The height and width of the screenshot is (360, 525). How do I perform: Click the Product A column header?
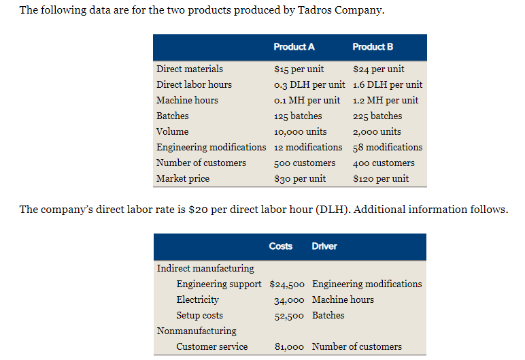pos(294,47)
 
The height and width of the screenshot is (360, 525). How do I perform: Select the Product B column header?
pos(373,47)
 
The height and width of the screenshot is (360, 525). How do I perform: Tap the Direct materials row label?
pos(190,69)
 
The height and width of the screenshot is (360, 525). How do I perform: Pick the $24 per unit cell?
pos(379,69)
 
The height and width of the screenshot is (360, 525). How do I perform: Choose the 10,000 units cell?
pos(300,131)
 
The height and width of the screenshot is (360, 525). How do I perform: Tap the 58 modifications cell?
pos(388,147)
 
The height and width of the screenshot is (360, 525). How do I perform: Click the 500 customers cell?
pos(305,163)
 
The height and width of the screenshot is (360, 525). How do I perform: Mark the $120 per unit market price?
pos(381,178)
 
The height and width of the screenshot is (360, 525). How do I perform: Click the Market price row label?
pos(183,178)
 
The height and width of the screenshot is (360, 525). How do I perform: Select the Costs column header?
pos(281,246)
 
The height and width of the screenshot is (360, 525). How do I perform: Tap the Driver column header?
pos(324,246)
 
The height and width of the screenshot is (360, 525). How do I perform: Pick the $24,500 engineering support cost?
pos(288,284)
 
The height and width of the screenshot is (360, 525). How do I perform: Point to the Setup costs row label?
pos(200,315)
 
